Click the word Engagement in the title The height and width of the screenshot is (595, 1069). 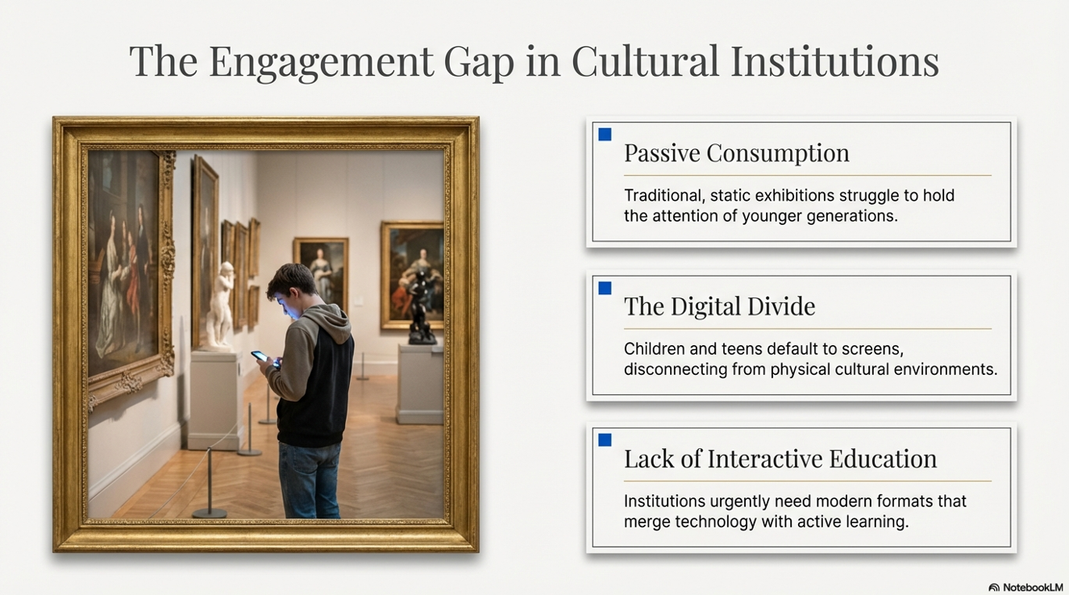coord(321,62)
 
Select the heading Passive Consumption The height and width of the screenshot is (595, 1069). coord(736,154)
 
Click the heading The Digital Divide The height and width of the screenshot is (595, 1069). coord(719,306)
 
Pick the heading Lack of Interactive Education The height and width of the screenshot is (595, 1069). coord(780,459)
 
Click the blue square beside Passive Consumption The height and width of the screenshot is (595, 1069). coord(605,135)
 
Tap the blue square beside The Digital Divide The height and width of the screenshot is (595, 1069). coord(605,288)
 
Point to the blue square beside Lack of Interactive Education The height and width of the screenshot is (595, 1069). coord(605,440)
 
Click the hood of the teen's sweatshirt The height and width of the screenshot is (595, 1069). coord(330,321)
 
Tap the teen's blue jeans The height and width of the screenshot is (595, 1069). coord(310,480)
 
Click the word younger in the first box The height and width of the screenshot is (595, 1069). coord(772,216)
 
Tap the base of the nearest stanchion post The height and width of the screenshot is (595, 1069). coord(210,514)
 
